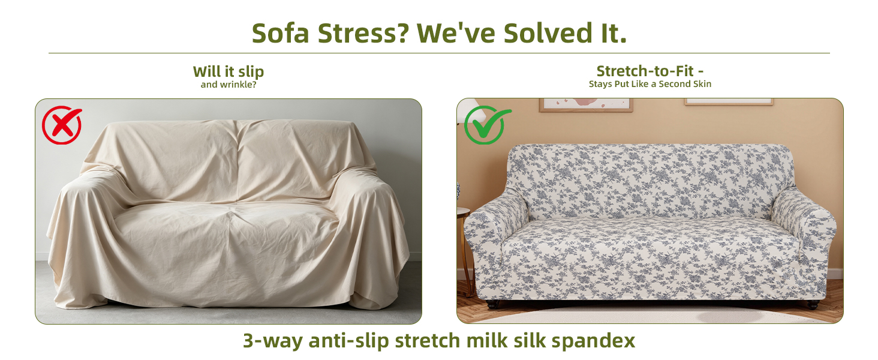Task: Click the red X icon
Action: coord(62,125)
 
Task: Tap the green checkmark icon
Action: coord(486,125)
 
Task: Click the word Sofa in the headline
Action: coord(280,33)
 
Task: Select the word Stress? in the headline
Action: coord(363,33)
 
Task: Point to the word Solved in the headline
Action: coord(548,33)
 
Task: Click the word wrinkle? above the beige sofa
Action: coord(238,85)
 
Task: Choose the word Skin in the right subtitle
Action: coord(702,84)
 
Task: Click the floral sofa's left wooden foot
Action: coord(492,304)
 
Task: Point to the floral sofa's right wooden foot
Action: coord(813,304)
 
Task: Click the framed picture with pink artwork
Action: coord(586,105)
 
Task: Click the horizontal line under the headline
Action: coord(439,53)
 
